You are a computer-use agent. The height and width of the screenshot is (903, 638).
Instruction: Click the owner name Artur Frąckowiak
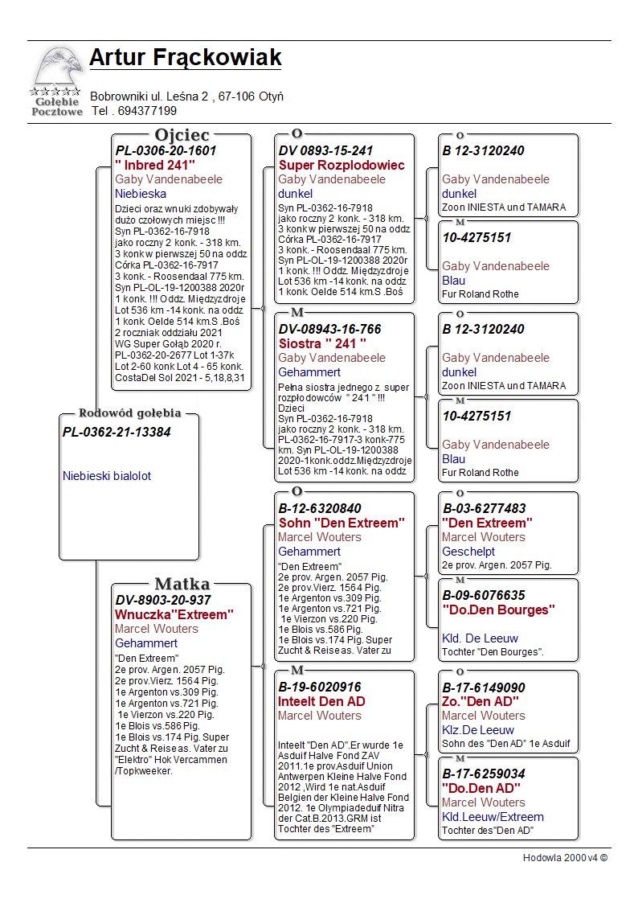click(x=185, y=58)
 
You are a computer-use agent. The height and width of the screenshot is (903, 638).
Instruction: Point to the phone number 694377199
click(x=147, y=111)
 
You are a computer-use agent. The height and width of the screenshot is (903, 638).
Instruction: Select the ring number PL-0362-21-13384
click(x=117, y=432)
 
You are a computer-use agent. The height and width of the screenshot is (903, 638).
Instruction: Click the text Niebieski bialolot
click(x=107, y=476)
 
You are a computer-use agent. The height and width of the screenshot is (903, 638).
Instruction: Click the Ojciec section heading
click(x=182, y=135)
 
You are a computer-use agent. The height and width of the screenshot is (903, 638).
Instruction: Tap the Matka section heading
click(x=182, y=585)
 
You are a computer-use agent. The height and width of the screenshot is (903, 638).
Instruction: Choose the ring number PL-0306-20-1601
click(x=166, y=150)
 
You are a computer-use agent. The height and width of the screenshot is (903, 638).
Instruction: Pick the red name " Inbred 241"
click(x=155, y=165)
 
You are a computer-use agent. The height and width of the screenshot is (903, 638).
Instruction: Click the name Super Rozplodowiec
click(x=341, y=165)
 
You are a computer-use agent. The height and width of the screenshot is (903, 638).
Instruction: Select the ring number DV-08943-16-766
click(x=329, y=329)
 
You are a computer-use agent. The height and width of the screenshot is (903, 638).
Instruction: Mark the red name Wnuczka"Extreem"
click(x=174, y=614)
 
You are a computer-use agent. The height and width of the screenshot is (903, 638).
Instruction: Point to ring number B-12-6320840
click(x=320, y=508)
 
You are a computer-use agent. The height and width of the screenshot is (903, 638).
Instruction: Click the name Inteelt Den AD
click(x=321, y=701)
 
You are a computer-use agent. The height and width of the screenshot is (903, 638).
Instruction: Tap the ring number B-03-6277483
click(x=484, y=508)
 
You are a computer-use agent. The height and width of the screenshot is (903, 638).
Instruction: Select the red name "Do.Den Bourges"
click(x=498, y=610)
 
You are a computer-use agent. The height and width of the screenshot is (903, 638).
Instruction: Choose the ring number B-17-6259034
click(x=484, y=774)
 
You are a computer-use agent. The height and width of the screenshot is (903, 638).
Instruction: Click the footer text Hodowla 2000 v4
click(x=565, y=858)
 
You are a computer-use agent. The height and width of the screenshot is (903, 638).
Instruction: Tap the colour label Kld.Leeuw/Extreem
click(x=493, y=817)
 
